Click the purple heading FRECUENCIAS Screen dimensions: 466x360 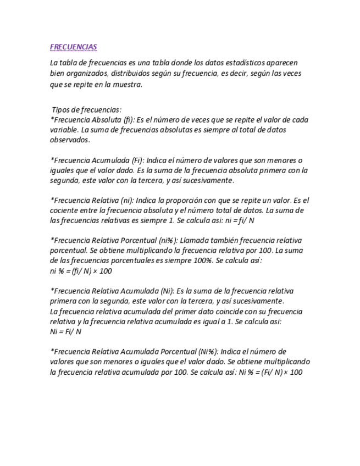[73, 47]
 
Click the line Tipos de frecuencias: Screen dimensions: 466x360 [86, 110]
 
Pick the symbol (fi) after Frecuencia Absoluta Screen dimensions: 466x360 [124, 120]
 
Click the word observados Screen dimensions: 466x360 [70, 140]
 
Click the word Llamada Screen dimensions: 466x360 [193, 240]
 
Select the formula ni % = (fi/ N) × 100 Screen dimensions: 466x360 [81, 271]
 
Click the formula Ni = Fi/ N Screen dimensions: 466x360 [65, 332]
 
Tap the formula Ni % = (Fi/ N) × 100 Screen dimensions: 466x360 [271, 372]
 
